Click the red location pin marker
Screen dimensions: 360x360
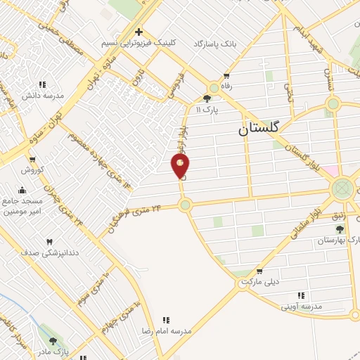(181, 165)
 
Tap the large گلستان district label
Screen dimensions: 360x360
(258, 128)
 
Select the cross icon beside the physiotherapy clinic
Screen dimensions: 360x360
(139, 32)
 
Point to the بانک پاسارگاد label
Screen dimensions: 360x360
(203, 44)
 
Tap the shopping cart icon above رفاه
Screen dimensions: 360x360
(226, 77)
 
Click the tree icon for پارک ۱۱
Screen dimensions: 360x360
(207, 99)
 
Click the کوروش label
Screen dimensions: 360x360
(32, 170)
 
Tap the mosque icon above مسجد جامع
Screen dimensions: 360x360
(22, 189)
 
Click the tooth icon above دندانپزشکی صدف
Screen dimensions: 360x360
(49, 243)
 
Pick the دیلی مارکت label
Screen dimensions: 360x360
(260, 281)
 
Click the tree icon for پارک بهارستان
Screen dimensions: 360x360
(340, 229)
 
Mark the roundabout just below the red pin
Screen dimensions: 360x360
(185, 205)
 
